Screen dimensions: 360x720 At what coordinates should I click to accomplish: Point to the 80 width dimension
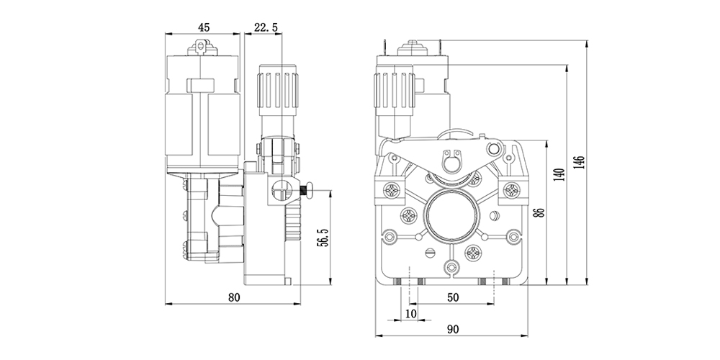pos(233,296)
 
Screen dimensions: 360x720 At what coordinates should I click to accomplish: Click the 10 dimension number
pos(410,313)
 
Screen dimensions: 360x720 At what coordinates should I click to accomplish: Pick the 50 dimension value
pos(453,296)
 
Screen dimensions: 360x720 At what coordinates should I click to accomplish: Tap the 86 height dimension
pos(539,212)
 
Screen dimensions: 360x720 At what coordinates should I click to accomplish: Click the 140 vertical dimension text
pos(559,175)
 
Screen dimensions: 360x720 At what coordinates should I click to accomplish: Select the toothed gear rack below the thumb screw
pos(292,220)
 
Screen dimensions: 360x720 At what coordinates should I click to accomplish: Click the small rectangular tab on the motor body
pos(200,86)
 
